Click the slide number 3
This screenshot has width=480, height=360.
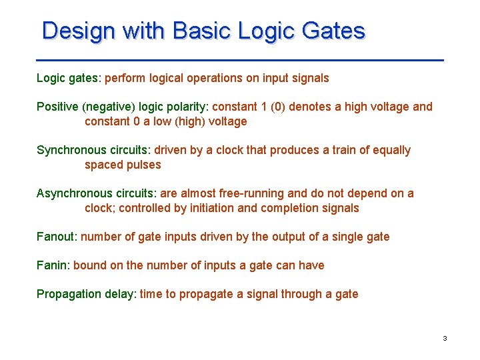point(445,339)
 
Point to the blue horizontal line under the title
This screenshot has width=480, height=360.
point(240,60)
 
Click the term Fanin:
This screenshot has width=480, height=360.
point(53,265)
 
